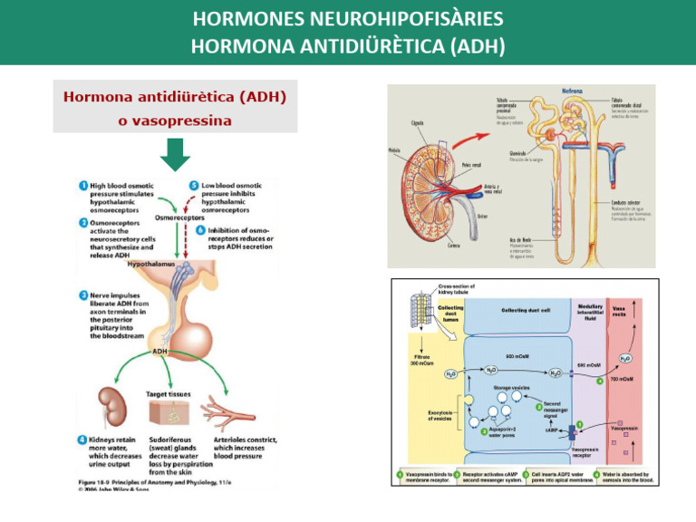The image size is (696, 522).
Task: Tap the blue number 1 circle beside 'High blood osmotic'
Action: (82, 186)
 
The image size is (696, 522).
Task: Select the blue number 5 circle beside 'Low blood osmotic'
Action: (192, 186)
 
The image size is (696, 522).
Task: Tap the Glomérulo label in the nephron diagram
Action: (519, 154)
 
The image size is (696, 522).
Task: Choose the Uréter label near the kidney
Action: (480, 216)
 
